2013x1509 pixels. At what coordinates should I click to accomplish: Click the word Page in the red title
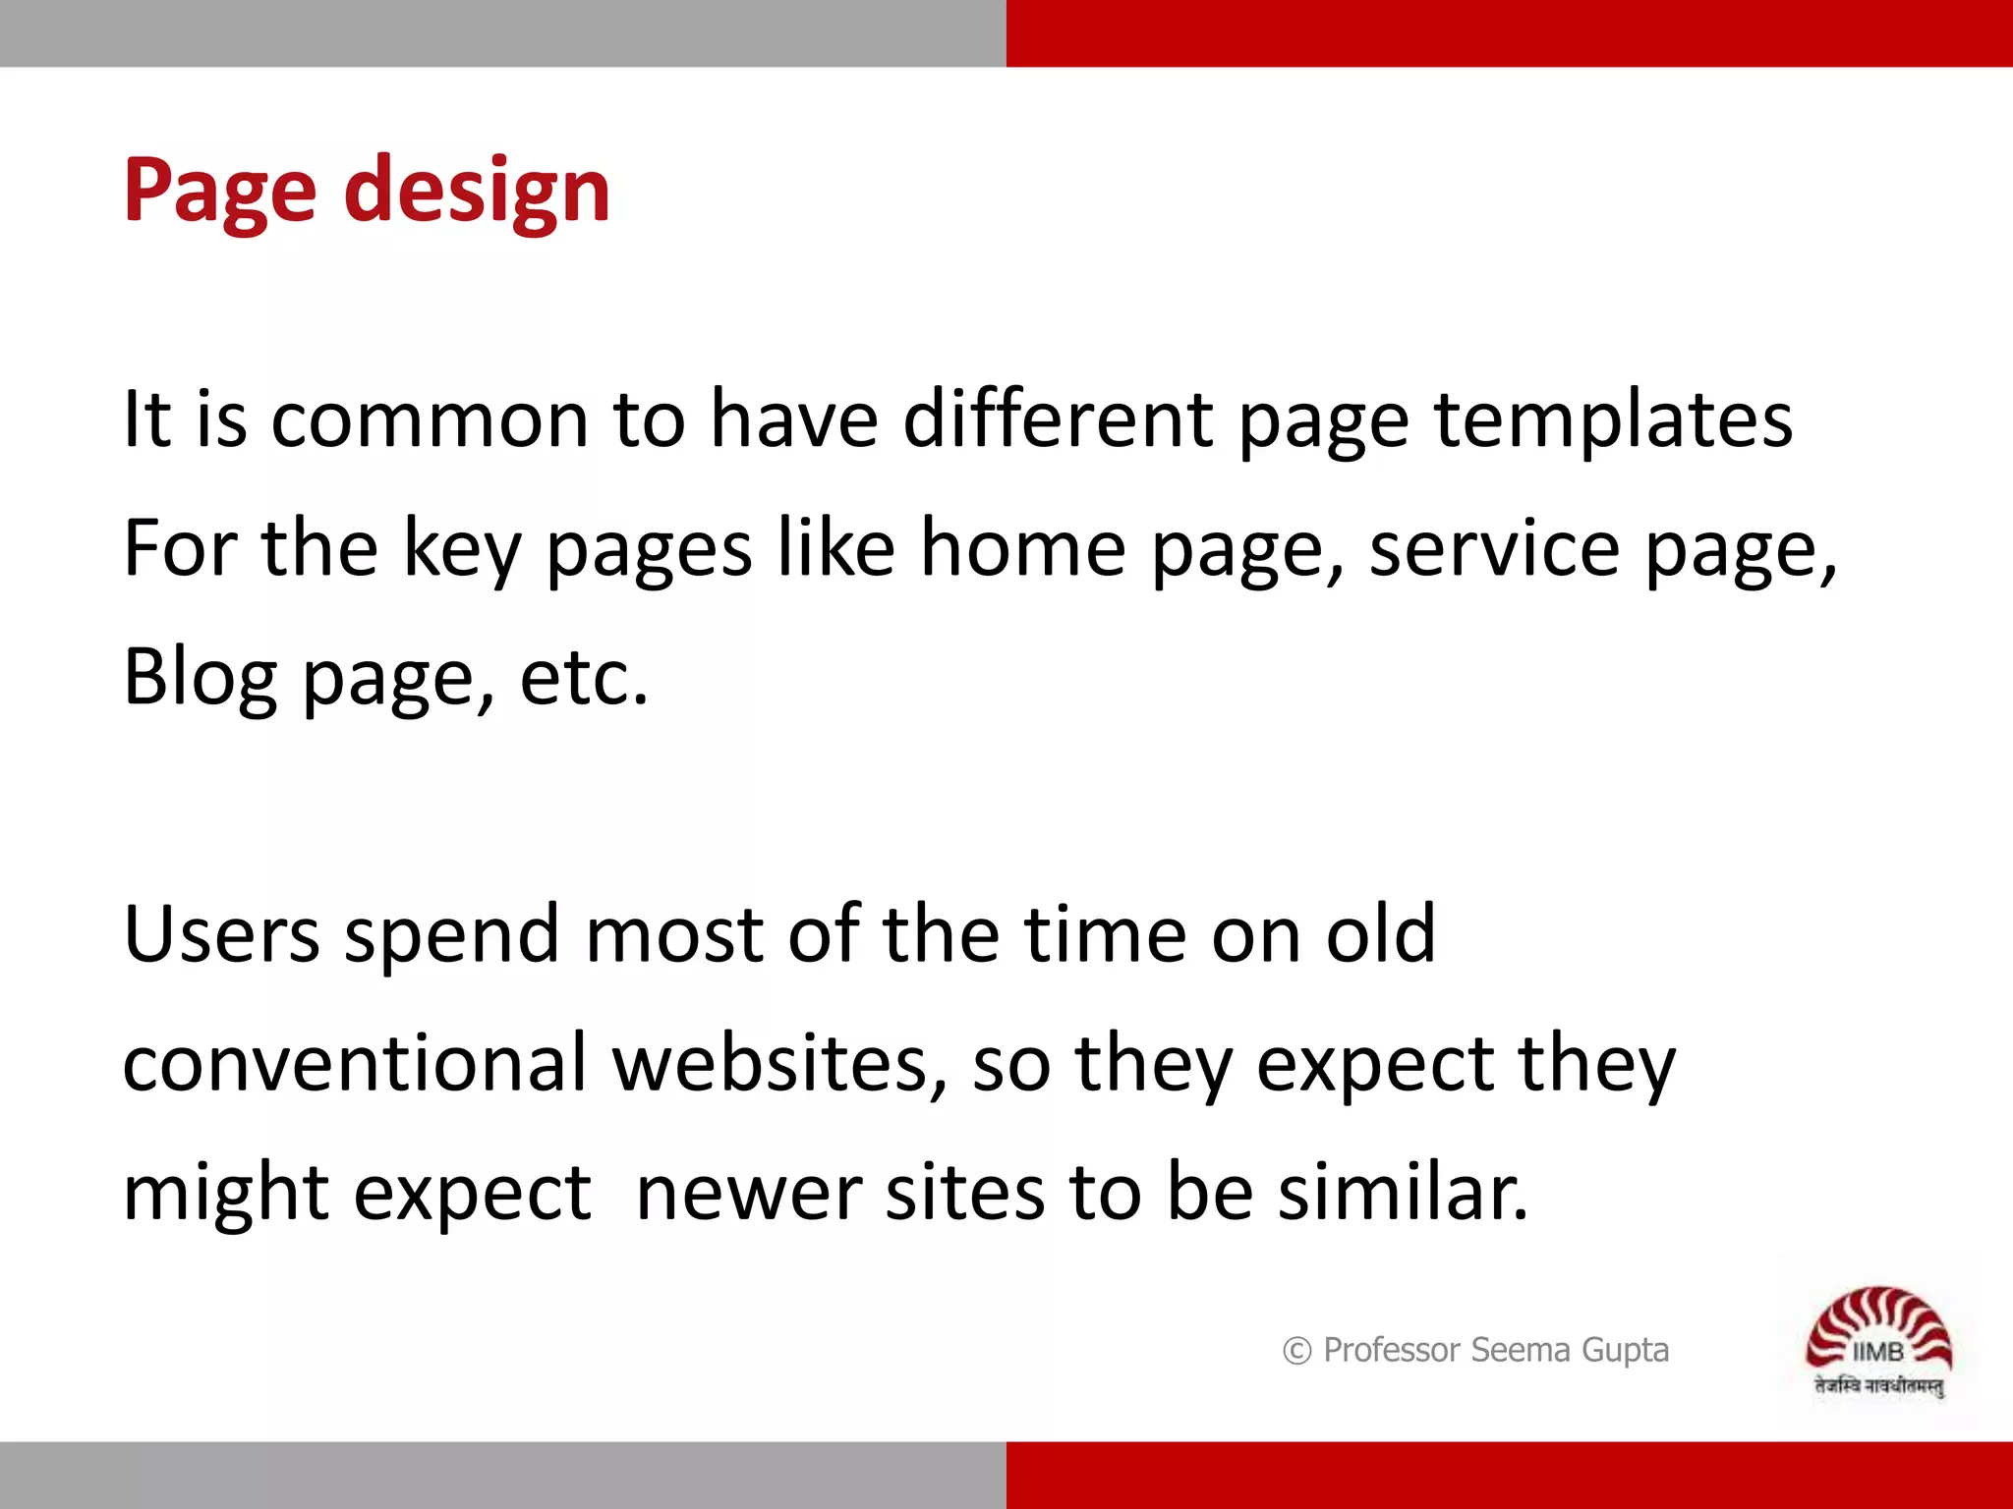[x=219, y=192]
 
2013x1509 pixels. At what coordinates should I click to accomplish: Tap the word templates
[x=1613, y=420]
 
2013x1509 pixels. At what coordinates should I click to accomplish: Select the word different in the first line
[x=1058, y=419]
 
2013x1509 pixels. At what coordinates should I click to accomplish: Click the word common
[x=430, y=420]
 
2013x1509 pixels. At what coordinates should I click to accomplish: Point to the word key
[x=462, y=550]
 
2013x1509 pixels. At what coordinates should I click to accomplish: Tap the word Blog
[x=201, y=678]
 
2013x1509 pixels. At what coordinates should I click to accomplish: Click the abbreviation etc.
[x=583, y=678]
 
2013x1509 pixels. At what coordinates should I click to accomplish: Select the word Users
[x=222, y=934]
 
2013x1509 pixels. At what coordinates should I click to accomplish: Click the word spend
[x=453, y=936]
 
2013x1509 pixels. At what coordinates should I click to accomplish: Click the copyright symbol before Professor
[x=1296, y=1351]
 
